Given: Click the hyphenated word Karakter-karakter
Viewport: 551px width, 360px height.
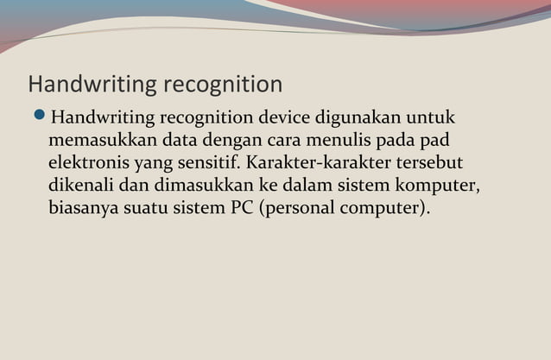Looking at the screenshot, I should pyautogui.click(x=326, y=162).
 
